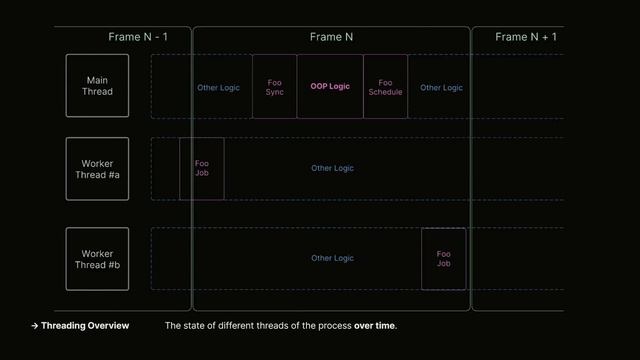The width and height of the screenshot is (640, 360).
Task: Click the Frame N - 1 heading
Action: pos(138,37)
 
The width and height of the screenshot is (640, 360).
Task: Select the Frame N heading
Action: pos(331,37)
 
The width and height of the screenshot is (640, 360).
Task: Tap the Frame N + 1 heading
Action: pos(526,37)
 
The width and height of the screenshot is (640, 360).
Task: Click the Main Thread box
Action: pos(97,86)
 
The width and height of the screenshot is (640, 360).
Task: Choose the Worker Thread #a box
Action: pos(97,169)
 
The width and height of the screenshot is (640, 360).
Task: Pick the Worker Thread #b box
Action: pos(97,259)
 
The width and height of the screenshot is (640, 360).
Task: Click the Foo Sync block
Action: pos(275,87)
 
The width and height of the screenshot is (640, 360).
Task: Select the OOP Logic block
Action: pos(330,87)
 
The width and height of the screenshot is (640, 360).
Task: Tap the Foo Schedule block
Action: pos(385,87)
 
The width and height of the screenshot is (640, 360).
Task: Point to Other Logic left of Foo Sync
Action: pos(218,88)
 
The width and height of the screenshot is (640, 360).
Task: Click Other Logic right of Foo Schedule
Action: pos(441,88)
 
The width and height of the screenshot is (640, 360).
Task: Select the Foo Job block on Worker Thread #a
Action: pos(202,168)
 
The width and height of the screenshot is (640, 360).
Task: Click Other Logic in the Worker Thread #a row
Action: pos(332,168)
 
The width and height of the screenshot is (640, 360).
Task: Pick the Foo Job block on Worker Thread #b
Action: pos(443,259)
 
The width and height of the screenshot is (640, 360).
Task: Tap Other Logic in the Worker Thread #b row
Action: pos(332,258)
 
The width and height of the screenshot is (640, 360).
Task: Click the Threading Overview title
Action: pos(85,326)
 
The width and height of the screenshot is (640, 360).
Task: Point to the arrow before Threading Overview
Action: pos(35,326)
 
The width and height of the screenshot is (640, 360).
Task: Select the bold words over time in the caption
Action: pos(375,326)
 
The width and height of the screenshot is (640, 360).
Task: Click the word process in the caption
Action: pos(325,326)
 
